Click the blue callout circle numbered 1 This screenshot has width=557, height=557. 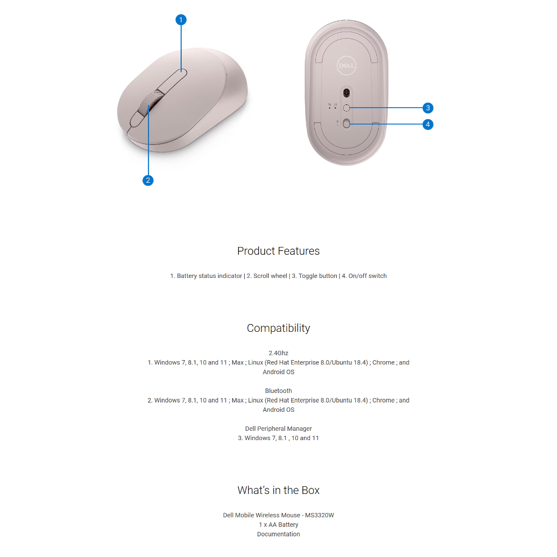181,20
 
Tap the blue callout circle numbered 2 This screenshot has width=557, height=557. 148,181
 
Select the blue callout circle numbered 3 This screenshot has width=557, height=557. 428,108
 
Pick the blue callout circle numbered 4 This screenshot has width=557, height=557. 428,125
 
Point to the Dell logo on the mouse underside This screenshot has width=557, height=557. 347,66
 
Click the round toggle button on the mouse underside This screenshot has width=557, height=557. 346,108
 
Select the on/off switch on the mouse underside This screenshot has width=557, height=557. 347,125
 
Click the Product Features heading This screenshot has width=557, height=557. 278,251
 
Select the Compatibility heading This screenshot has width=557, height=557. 278,328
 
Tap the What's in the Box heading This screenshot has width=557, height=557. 278,490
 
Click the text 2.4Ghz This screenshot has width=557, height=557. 278,353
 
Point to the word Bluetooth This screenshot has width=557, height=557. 278,391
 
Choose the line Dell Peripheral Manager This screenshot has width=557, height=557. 278,429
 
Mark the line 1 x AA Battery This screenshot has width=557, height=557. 278,525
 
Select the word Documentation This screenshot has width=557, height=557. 278,534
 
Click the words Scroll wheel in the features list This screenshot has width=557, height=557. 270,276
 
